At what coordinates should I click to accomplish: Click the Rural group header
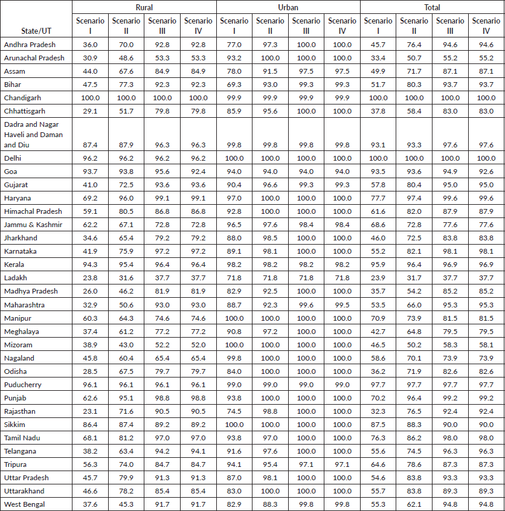(x=144, y=7)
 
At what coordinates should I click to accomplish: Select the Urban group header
(x=288, y=7)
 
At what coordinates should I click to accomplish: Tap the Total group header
(x=432, y=7)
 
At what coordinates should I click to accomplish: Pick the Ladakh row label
(x=15, y=278)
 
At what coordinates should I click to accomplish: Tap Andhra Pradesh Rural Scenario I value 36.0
(x=90, y=45)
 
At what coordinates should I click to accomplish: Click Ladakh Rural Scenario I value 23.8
(x=90, y=278)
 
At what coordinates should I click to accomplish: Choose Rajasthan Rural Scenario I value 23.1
(x=90, y=411)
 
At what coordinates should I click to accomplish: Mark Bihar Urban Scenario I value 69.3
(x=234, y=85)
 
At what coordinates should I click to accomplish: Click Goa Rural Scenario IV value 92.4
(x=198, y=172)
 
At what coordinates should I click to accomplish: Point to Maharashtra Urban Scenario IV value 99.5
(x=342, y=304)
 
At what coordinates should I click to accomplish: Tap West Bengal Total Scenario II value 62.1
(x=414, y=504)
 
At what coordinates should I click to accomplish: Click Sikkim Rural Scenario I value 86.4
(x=90, y=424)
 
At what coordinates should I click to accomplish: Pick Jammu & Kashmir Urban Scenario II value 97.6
(x=270, y=225)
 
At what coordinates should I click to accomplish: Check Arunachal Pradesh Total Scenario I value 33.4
(x=378, y=58)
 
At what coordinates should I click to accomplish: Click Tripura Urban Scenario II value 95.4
(x=270, y=464)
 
